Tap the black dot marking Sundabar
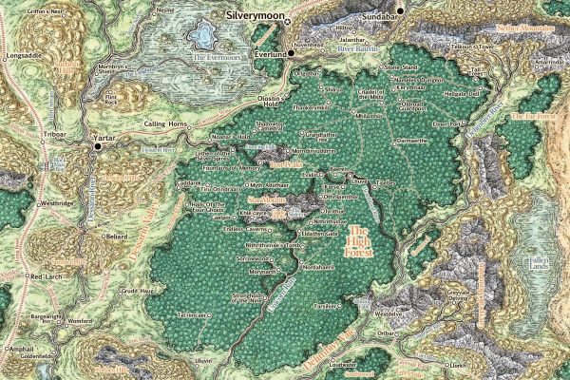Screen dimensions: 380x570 pos(401,10)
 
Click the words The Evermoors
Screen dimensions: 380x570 pos(213,58)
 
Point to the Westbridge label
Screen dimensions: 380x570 pos(60,203)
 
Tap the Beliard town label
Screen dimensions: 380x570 pos(114,230)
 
